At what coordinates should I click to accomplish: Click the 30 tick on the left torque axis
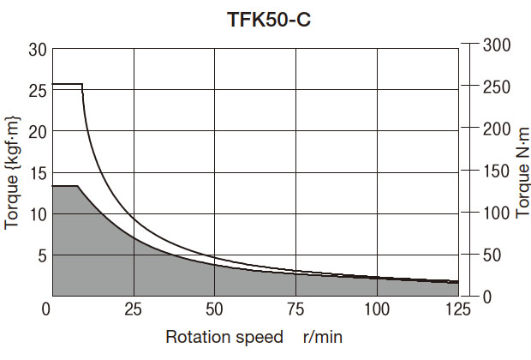(36, 49)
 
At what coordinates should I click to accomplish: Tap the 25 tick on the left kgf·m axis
(36, 90)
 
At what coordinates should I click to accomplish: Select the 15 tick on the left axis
(36, 172)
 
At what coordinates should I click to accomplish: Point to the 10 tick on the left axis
(36, 213)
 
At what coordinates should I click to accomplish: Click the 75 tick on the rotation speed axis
(295, 309)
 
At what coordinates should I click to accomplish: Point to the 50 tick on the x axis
(214, 309)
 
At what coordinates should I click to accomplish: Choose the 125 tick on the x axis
(458, 309)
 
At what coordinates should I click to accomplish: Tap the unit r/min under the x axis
(323, 336)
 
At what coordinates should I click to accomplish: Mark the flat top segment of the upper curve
(67, 84)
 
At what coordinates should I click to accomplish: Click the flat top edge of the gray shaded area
(65, 185)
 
